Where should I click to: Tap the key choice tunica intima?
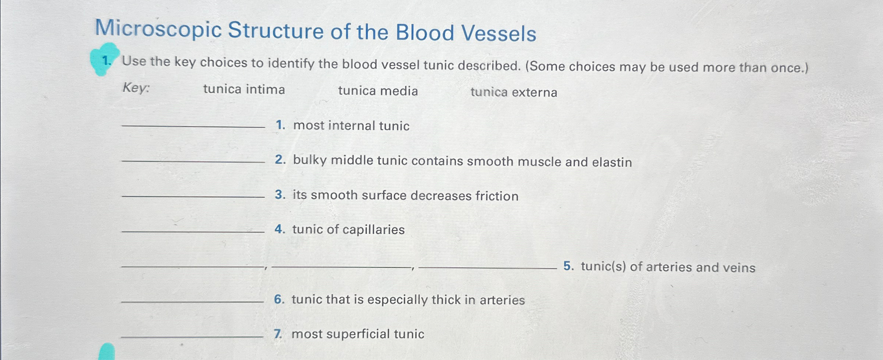[244, 90]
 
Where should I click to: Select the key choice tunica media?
[378, 91]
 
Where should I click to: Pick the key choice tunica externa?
[514, 92]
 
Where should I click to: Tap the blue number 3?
[280, 195]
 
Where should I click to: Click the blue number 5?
[568, 266]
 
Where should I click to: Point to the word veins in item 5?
[739, 268]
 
